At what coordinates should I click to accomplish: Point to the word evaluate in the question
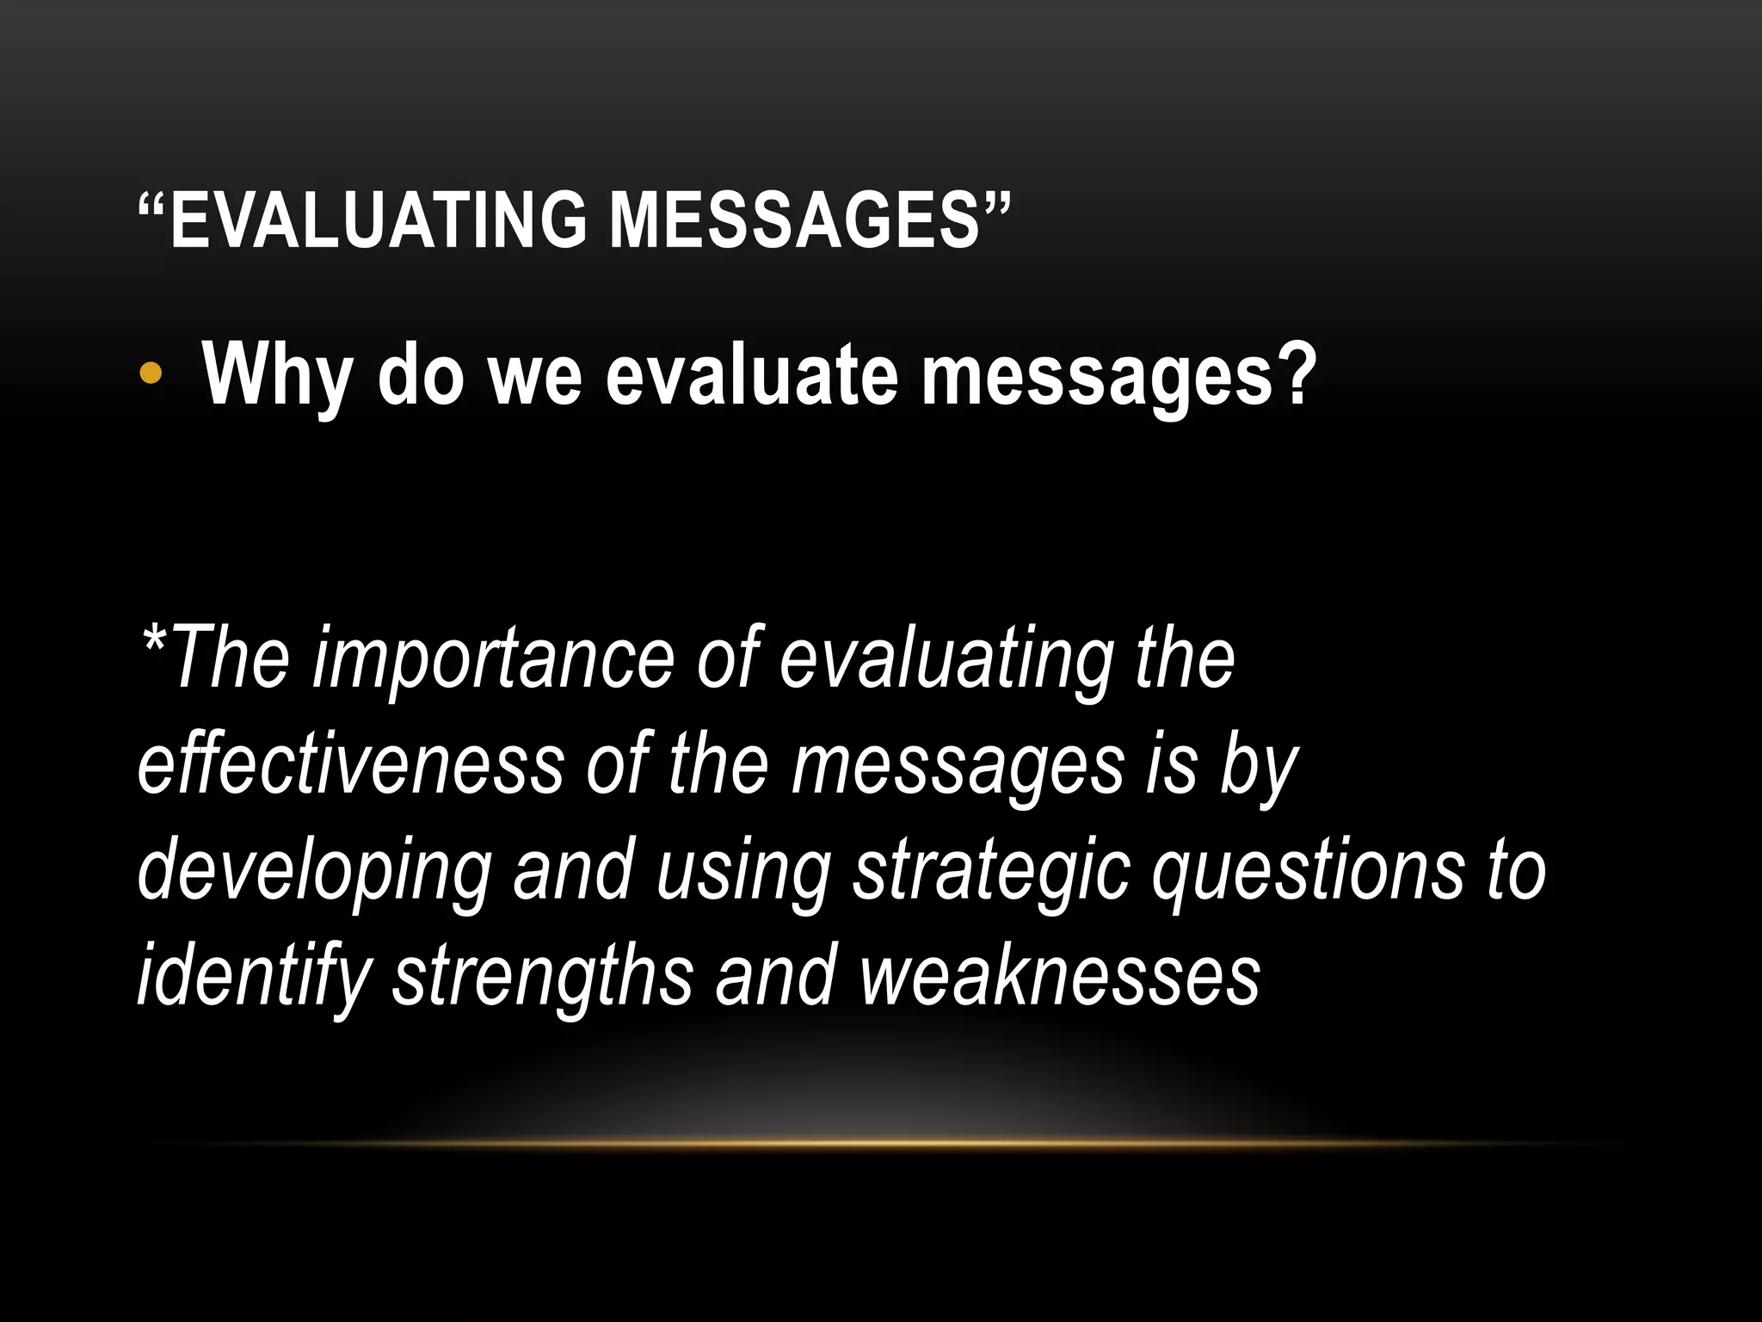(749, 375)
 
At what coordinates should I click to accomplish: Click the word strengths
(543, 976)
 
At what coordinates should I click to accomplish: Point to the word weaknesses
(1060, 976)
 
